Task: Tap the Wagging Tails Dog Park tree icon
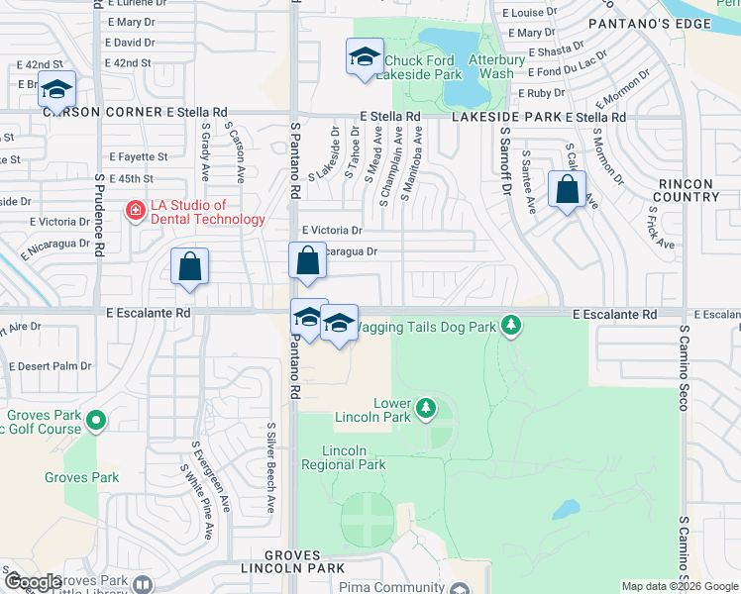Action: click(x=510, y=325)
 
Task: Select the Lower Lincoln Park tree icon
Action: click(x=425, y=407)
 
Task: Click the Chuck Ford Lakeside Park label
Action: click(x=423, y=66)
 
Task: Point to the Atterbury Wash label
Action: click(x=490, y=66)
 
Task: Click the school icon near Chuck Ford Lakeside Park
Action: click(x=364, y=56)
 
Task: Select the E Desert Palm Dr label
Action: click(x=50, y=365)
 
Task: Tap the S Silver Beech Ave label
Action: click(x=270, y=468)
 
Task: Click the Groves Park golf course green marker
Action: click(x=96, y=423)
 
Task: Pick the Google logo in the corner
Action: click(x=33, y=582)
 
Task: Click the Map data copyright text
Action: click(x=680, y=586)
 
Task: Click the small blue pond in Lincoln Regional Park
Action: click(x=566, y=509)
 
